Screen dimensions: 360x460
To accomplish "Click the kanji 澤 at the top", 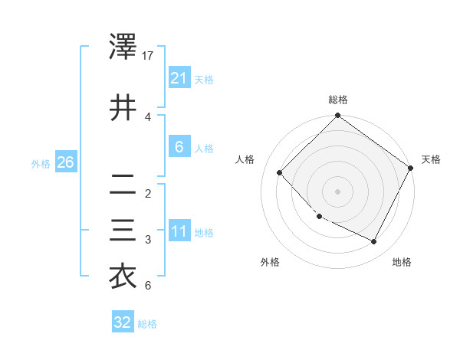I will click(123, 49).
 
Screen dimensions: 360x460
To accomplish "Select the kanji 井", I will click(123, 107).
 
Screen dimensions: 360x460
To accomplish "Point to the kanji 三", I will click(123, 230).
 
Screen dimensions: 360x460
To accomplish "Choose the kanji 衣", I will click(123, 277).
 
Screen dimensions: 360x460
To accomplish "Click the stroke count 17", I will click(149, 56).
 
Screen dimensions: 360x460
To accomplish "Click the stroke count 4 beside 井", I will click(148, 116).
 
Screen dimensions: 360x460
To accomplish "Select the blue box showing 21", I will click(179, 78).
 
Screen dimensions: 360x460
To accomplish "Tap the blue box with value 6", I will click(179, 147).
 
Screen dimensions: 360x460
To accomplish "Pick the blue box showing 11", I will click(179, 231).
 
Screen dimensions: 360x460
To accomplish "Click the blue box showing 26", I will click(65, 162).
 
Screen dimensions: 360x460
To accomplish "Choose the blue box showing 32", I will click(123, 323).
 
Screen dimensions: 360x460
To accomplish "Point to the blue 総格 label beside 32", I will click(148, 324).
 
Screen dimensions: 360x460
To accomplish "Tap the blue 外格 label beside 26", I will click(41, 163).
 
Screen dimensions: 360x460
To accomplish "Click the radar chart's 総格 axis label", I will click(338, 100).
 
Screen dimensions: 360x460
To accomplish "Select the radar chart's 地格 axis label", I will click(402, 262).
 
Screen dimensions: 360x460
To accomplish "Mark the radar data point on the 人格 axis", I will click(280, 172).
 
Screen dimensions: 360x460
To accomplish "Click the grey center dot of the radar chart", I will click(338, 191).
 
